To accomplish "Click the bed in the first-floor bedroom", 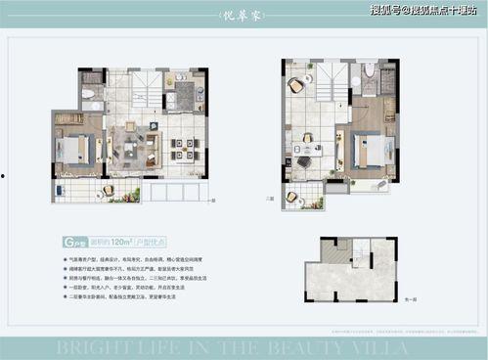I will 74,150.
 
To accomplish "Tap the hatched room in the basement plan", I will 334,253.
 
